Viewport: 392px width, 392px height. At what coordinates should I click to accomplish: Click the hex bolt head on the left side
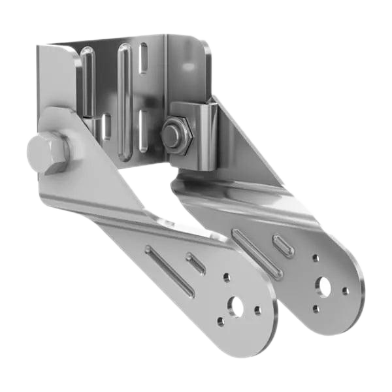click(x=47, y=153)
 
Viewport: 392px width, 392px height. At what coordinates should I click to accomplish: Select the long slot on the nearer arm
click(x=169, y=270)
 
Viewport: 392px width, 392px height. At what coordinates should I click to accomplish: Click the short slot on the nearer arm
click(x=196, y=263)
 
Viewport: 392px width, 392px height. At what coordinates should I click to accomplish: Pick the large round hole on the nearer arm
click(x=235, y=305)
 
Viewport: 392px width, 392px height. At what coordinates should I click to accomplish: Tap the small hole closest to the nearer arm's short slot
click(x=227, y=278)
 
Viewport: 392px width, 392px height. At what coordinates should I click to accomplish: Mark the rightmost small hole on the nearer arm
click(x=258, y=310)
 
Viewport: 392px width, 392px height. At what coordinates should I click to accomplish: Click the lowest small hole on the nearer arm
click(x=221, y=321)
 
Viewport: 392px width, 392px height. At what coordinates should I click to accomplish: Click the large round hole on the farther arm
click(x=324, y=286)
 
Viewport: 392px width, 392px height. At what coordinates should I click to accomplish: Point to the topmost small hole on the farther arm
click(x=316, y=259)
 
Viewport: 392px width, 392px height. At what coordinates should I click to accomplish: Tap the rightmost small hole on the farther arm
click(x=346, y=291)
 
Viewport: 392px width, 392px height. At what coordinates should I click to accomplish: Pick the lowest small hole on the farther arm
click(x=316, y=308)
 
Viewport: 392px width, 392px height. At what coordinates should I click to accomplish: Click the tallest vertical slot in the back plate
click(x=124, y=98)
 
